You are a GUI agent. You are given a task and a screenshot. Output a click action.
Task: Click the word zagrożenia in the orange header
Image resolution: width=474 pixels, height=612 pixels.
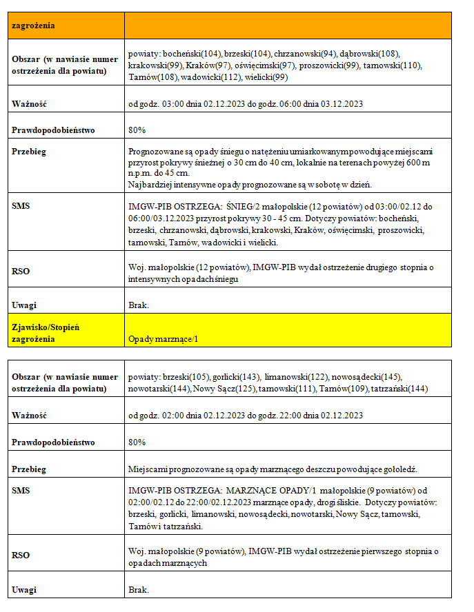[x=32, y=25]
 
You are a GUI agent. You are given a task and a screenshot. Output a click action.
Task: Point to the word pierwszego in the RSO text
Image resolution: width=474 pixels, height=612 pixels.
[x=374, y=551]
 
